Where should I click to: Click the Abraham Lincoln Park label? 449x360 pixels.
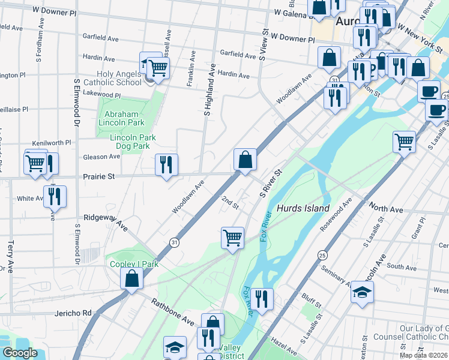click(121, 118)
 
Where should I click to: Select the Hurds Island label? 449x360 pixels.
click(303, 208)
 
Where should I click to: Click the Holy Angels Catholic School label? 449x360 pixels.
click(121, 78)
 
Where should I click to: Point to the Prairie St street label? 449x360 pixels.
click(98, 177)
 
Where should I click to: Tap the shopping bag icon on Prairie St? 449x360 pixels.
click(245, 160)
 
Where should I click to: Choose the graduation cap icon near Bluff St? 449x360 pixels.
click(362, 293)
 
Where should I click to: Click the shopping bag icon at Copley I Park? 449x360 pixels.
click(132, 279)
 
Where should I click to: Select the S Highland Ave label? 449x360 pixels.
click(209, 91)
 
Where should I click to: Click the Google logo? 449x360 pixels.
click(20, 353)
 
